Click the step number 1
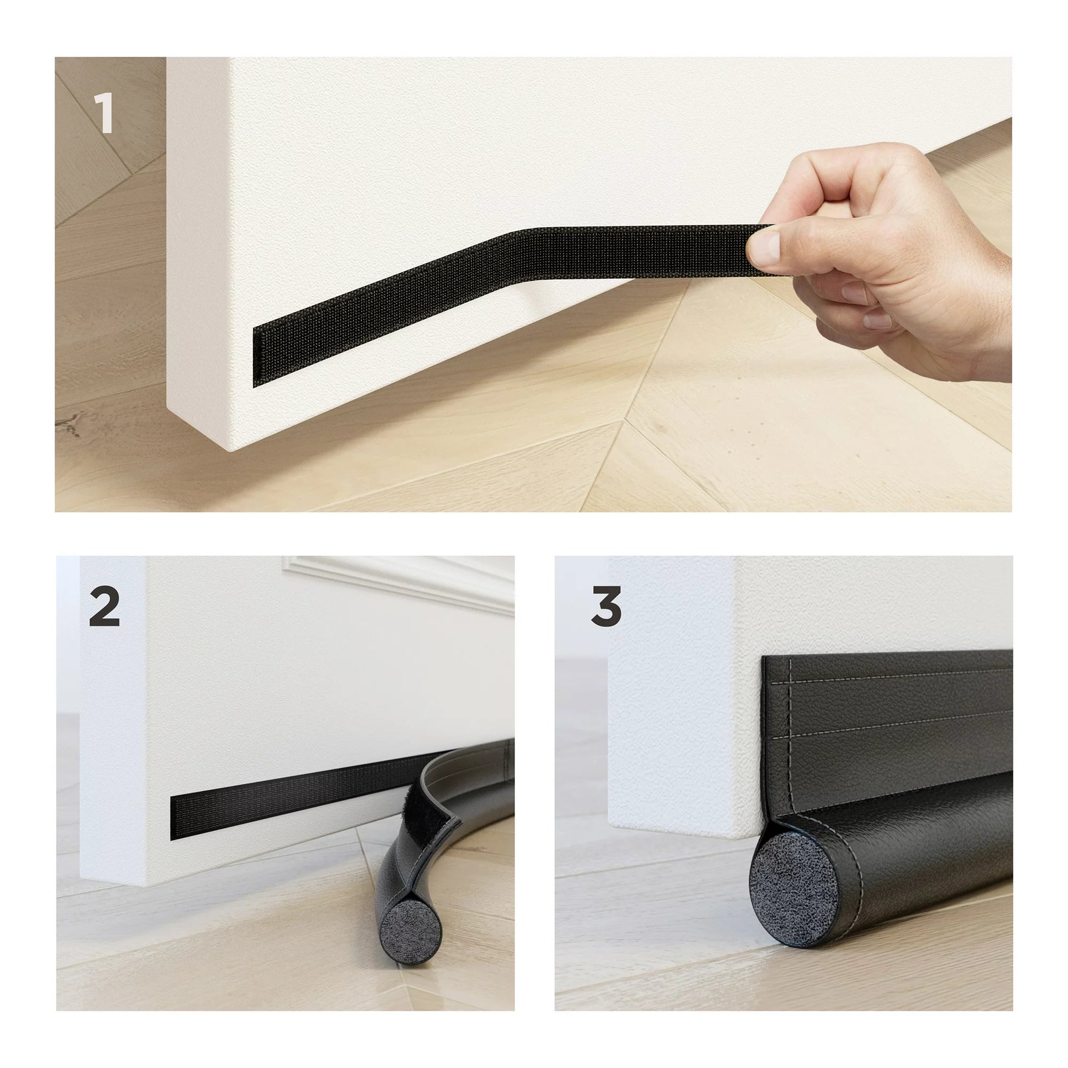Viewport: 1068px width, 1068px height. click(x=104, y=113)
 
